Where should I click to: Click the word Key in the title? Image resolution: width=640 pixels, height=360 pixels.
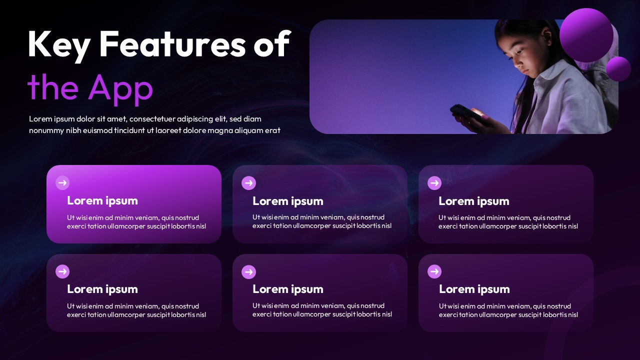click(59, 45)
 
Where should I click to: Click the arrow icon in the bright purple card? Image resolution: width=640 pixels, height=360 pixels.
click(62, 183)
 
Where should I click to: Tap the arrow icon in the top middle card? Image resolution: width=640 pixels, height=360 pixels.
click(248, 183)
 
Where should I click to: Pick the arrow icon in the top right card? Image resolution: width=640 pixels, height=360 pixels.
click(434, 183)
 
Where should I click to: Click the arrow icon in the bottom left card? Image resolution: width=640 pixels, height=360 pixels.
click(62, 271)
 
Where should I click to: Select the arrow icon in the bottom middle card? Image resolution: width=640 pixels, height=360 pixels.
click(248, 271)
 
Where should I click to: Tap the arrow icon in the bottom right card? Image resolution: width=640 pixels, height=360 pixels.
click(434, 271)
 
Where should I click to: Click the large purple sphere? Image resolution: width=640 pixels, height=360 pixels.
click(586, 35)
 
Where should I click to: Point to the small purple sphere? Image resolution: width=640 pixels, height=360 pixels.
click(618, 69)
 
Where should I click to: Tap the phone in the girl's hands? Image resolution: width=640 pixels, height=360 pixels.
click(468, 115)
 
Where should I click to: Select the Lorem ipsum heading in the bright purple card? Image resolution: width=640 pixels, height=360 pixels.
click(102, 201)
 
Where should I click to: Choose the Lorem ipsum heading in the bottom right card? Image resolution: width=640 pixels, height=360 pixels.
click(474, 289)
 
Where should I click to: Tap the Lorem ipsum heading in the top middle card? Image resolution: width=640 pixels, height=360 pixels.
click(288, 201)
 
